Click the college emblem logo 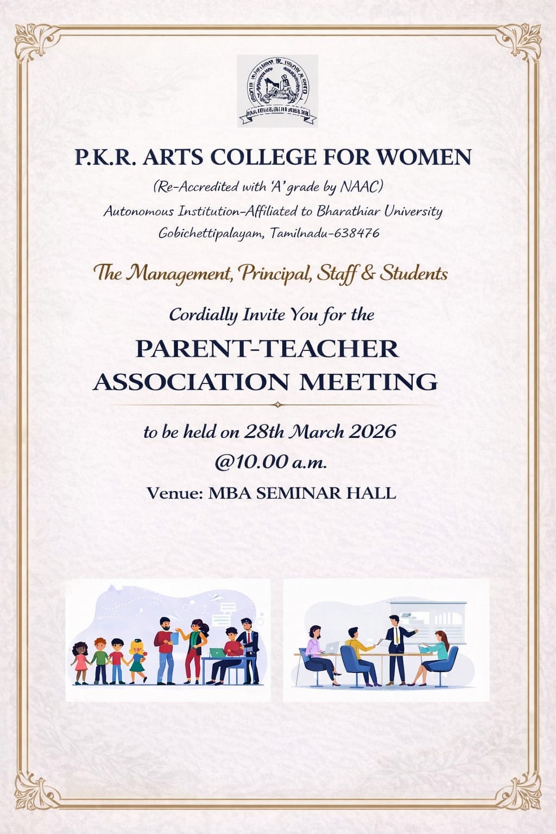[277, 91]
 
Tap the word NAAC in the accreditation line [362, 187]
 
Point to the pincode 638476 [357, 233]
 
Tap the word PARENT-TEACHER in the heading [267, 349]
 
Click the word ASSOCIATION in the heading [191, 382]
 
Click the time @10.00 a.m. [270, 463]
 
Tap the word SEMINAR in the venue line [298, 494]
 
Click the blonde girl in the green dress [137, 660]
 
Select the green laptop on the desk [217, 652]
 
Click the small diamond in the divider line [278, 405]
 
